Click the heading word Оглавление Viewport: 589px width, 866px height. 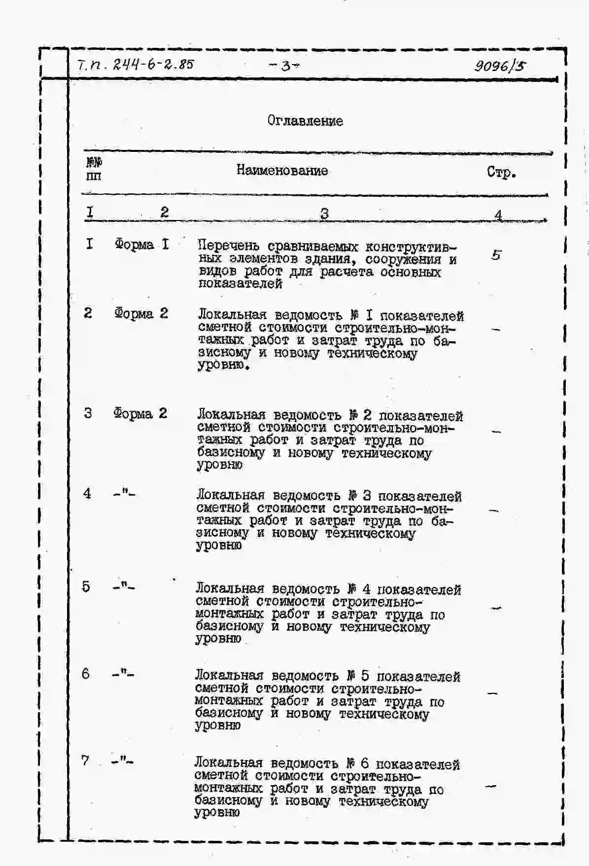click(305, 121)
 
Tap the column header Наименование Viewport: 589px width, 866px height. click(282, 171)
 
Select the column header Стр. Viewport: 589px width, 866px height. click(501, 172)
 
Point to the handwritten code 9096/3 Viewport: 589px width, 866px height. click(499, 66)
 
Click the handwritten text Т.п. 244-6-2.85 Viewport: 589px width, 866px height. click(136, 65)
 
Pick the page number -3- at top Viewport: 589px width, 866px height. click(284, 66)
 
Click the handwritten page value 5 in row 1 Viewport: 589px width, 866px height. click(496, 255)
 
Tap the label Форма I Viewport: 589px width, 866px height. click(141, 244)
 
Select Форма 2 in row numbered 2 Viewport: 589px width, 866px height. click(141, 313)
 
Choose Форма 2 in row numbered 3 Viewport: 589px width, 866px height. click(140, 413)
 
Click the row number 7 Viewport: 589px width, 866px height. click(85, 760)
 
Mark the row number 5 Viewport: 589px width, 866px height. click(86, 587)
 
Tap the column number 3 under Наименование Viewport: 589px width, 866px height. click(324, 214)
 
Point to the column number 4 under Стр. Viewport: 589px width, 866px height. click(498, 215)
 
